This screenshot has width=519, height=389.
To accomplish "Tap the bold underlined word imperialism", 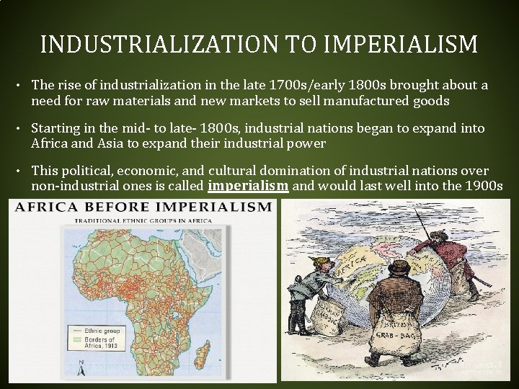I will [x=249, y=186].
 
